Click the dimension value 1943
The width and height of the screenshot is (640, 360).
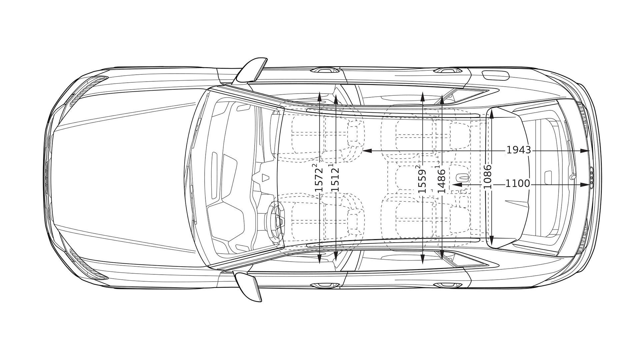click(518, 150)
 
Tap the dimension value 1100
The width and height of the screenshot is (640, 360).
click(517, 184)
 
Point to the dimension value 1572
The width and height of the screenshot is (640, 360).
click(319, 179)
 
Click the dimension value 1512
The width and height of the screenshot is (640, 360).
click(335, 179)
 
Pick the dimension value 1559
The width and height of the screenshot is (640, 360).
click(422, 180)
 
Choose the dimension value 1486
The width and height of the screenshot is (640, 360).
click(441, 180)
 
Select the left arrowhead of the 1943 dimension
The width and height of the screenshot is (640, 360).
click(367, 151)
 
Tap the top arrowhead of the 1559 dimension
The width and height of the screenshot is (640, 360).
click(423, 97)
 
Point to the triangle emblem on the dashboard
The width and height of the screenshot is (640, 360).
click(265, 177)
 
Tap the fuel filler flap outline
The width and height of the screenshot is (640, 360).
click(496, 76)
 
